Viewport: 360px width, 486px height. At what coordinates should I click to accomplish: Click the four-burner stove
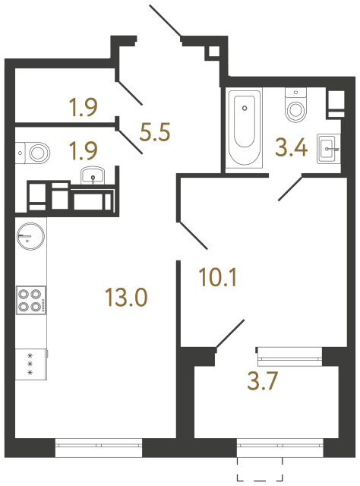30,300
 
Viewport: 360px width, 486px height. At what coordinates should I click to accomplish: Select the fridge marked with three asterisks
30,363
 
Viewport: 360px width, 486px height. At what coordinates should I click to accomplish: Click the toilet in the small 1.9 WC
34,152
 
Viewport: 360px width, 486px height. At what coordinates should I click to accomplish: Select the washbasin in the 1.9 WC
93,177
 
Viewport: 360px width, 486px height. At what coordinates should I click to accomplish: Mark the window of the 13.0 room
99,448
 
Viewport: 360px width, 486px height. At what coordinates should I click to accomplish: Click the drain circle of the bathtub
245,107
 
